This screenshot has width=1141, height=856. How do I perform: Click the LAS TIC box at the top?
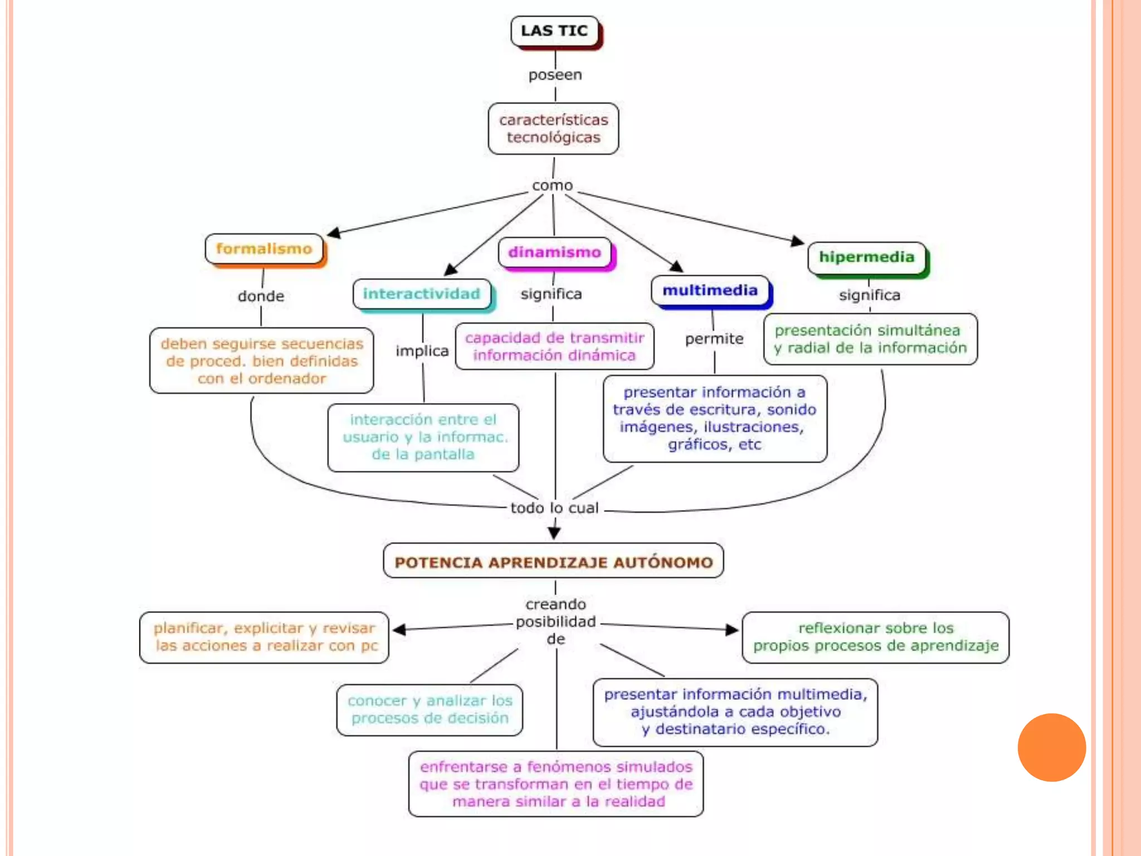pyautogui.click(x=554, y=31)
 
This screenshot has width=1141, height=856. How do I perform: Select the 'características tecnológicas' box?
pyautogui.click(x=553, y=129)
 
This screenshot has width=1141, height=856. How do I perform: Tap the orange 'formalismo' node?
pyautogui.click(x=264, y=249)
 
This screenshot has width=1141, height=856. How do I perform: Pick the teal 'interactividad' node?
pyautogui.click(x=422, y=294)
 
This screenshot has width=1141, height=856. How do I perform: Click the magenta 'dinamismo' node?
pyautogui.click(x=555, y=252)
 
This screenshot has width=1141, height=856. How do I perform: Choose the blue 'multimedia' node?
pyautogui.click(x=710, y=290)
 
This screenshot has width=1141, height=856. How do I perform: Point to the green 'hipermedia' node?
pyautogui.click(x=866, y=257)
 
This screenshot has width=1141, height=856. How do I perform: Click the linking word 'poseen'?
pyautogui.click(x=555, y=75)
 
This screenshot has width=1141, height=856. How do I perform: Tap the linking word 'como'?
pyautogui.click(x=552, y=185)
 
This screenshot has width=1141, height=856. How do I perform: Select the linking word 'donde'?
pyautogui.click(x=261, y=296)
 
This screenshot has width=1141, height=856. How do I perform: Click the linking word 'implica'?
pyautogui.click(x=422, y=351)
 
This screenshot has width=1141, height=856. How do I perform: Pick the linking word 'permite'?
pyautogui.click(x=714, y=339)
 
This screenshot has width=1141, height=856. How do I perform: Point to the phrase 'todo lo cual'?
pyautogui.click(x=554, y=508)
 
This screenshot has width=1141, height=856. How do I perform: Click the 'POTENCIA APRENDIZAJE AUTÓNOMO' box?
pyautogui.click(x=553, y=562)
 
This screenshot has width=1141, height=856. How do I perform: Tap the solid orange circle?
pyautogui.click(x=1051, y=747)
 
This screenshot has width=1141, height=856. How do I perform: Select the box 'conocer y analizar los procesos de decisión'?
pyautogui.click(x=430, y=709)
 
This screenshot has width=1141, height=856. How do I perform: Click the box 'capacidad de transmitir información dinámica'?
pyautogui.click(x=554, y=347)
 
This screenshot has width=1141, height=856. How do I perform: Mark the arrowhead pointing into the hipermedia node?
pyautogui.click(x=798, y=241)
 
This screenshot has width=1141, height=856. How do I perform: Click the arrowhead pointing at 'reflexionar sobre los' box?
pyautogui.click(x=732, y=630)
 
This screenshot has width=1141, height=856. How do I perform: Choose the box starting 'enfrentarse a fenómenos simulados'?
pyautogui.click(x=556, y=784)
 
